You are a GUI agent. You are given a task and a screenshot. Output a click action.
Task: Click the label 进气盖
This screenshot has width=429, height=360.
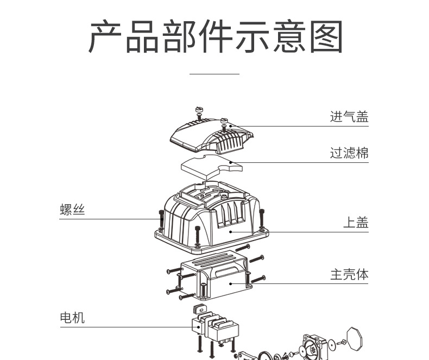click(349, 117)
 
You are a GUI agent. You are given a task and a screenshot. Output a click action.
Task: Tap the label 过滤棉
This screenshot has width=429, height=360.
click(349, 153)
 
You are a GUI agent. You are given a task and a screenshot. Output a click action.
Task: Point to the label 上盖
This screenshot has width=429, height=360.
click(356, 222)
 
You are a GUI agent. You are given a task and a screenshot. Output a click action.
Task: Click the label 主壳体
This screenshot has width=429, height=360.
click(349, 275)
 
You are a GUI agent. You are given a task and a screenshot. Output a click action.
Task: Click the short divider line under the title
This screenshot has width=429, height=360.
click(214, 73)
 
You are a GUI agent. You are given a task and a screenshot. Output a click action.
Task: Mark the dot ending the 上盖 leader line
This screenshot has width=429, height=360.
click(231, 232)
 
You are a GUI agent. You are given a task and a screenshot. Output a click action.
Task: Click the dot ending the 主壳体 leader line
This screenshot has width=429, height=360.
click(231, 284)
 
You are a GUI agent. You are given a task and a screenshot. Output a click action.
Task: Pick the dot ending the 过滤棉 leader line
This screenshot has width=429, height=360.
click(231, 161)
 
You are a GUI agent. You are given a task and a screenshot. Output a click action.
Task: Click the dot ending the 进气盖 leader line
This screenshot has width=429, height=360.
click(231, 127)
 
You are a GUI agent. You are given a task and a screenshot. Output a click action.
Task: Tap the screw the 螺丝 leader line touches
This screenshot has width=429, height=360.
click(161, 219)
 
